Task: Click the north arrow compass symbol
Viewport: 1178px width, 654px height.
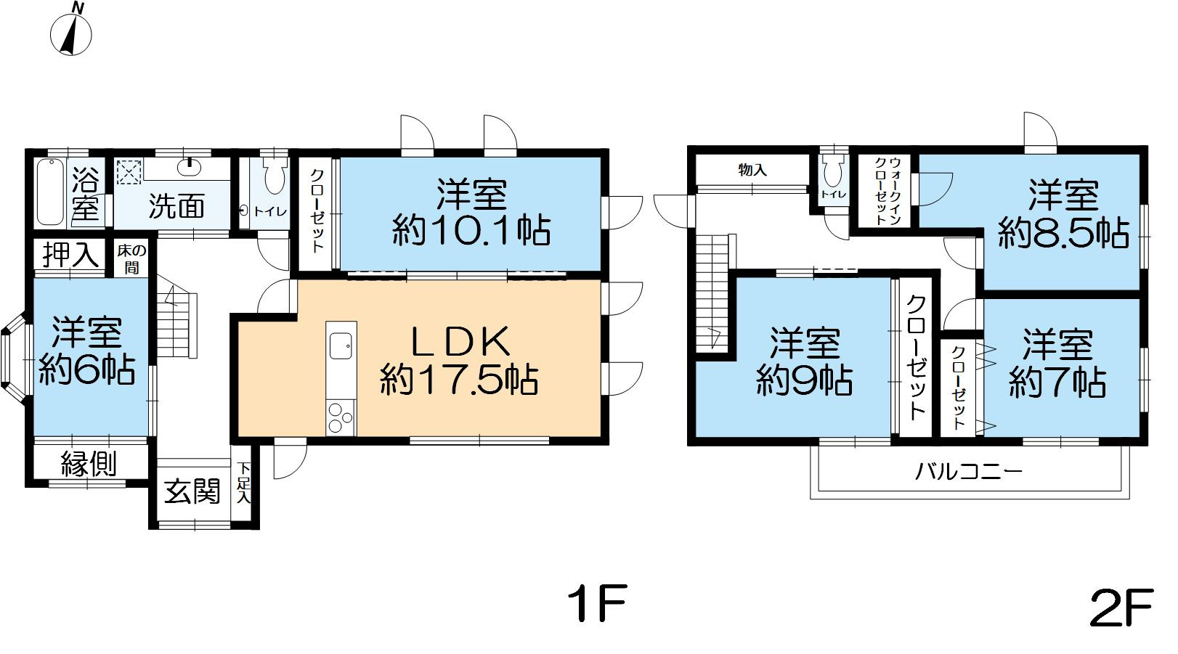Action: click(x=71, y=32)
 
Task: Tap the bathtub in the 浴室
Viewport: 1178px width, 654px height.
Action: click(x=49, y=192)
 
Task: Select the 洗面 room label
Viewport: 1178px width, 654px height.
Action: click(x=176, y=206)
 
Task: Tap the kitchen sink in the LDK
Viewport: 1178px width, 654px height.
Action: click(x=341, y=345)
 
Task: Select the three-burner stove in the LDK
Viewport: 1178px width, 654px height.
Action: click(x=340, y=418)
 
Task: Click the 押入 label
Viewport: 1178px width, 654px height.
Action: click(x=70, y=255)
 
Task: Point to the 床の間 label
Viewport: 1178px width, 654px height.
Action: click(x=133, y=259)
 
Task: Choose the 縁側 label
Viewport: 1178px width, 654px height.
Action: click(x=89, y=464)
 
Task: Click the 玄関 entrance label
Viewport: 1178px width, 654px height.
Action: click(x=192, y=492)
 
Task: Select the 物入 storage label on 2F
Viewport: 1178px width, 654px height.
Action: click(x=752, y=170)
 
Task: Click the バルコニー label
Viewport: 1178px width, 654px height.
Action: click(x=968, y=472)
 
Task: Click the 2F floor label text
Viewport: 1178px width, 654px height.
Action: click(x=1122, y=608)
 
